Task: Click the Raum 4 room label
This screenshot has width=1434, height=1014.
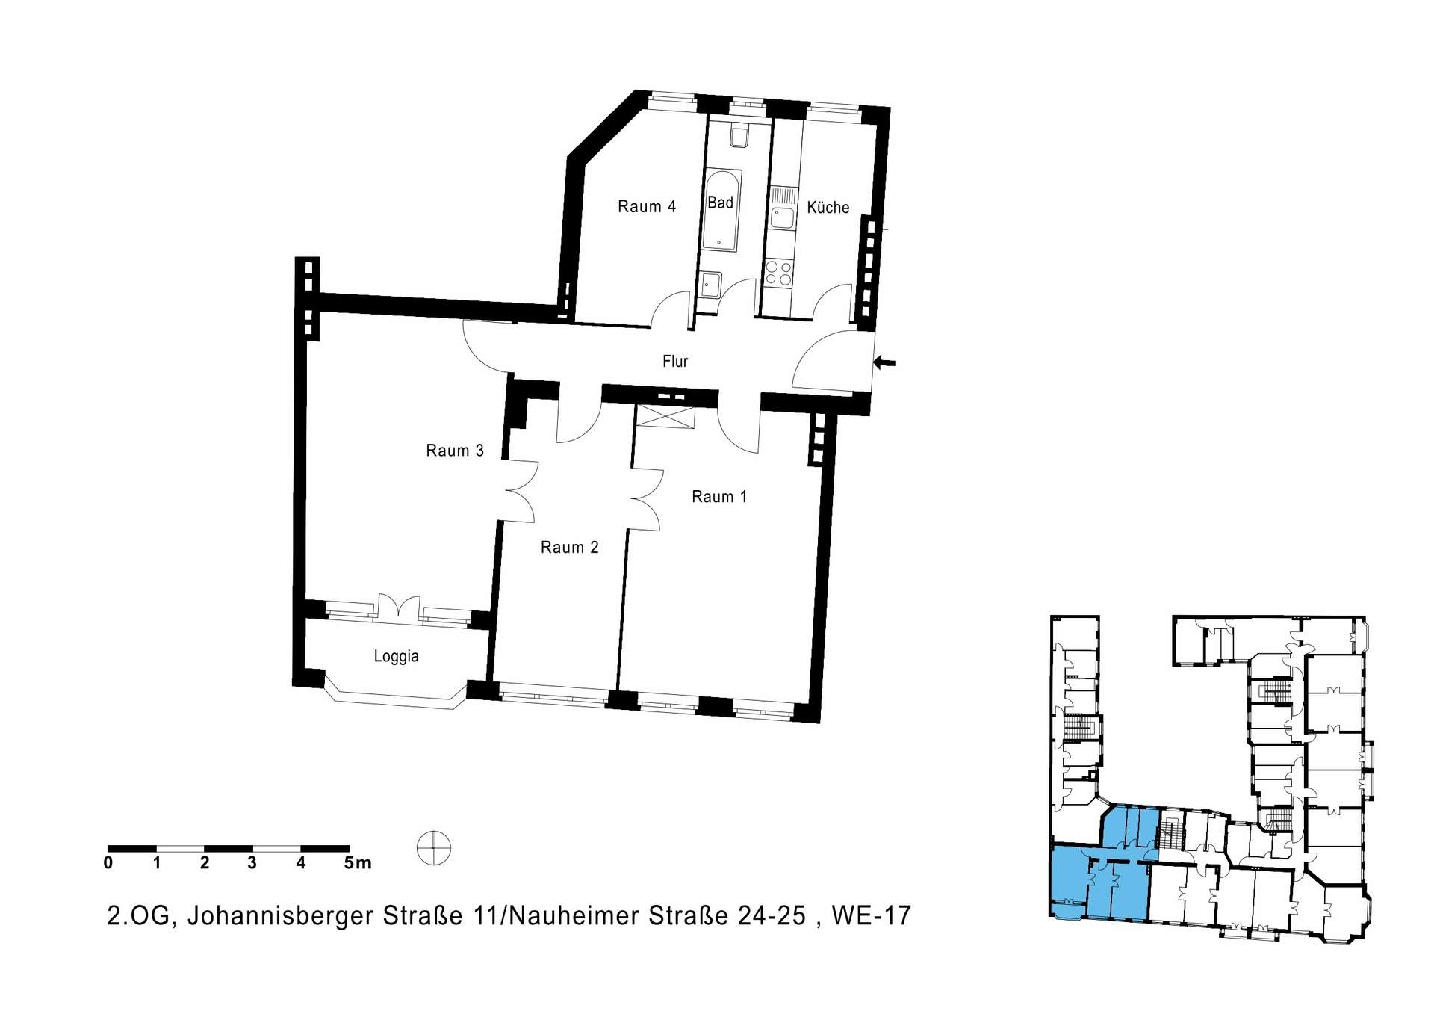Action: [646, 207]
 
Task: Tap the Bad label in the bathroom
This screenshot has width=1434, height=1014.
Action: [720, 203]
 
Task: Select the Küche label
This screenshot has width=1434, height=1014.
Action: [828, 207]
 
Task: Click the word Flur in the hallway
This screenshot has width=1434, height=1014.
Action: [675, 362]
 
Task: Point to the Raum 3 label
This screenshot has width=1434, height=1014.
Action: [455, 451]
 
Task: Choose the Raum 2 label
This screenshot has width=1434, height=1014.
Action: [569, 548]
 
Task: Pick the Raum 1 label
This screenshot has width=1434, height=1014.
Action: [719, 497]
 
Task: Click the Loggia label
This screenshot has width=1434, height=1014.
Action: [396, 657]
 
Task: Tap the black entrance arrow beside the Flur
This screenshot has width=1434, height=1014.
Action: [884, 362]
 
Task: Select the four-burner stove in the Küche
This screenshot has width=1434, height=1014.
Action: [779, 272]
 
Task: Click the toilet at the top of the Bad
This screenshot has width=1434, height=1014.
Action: [739, 136]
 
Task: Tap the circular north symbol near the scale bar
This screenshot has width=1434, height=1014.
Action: [434, 849]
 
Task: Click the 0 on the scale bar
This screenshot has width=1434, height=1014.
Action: [108, 863]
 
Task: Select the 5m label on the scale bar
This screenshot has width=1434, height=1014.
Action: [358, 863]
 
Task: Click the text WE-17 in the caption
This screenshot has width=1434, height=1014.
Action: [872, 916]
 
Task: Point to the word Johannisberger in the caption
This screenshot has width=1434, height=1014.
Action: [280, 917]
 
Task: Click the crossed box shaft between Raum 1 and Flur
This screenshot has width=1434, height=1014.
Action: [665, 417]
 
